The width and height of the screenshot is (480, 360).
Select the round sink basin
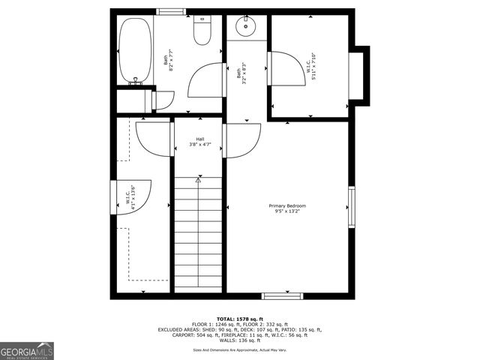click(246, 27)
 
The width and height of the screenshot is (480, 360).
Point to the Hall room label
click(200, 142)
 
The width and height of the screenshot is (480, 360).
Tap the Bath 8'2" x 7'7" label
click(169, 61)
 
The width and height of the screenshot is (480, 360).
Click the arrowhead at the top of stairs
click(199, 180)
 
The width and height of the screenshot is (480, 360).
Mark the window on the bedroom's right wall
click(350, 206)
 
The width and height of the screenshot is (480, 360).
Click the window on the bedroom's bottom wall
click(282, 295)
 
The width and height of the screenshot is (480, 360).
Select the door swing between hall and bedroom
click(241, 141)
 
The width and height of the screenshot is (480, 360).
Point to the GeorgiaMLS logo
click(27, 351)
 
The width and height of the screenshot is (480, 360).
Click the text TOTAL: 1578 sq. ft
click(240, 319)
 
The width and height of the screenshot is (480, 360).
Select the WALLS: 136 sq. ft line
click(240, 340)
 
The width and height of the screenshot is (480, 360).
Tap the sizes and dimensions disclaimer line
click(240, 349)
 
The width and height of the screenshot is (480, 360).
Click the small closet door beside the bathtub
click(164, 100)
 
